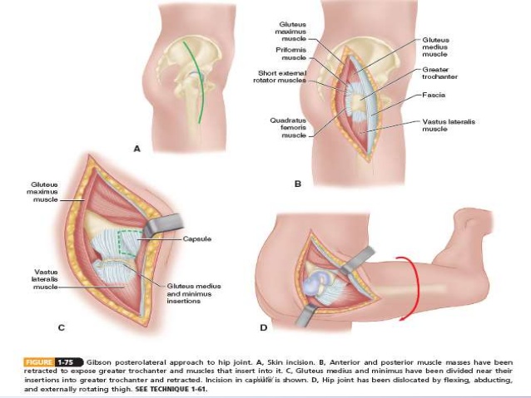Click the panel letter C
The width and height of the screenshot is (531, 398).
61,327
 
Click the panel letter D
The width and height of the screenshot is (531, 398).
264,327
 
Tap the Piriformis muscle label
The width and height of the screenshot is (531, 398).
293,54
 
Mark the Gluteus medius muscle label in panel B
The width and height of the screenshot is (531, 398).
436,47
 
